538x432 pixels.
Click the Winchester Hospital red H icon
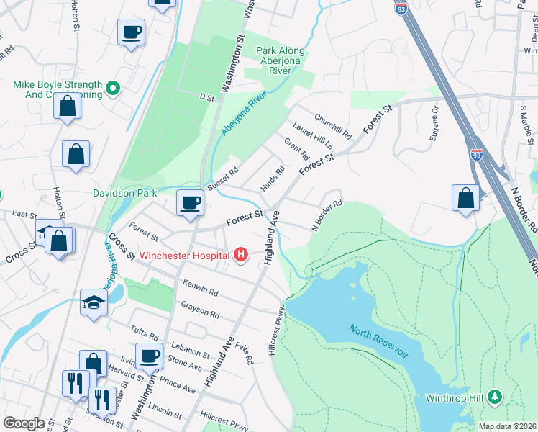pos(241,255)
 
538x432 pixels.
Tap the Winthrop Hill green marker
pos(494,397)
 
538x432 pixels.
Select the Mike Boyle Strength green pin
pos(111,89)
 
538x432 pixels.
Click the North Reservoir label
pos(378,342)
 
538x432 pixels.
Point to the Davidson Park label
pos(124,193)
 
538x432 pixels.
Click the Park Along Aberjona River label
pos(281,60)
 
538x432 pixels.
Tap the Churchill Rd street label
pos(332,125)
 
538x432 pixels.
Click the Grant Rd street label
pos(296,150)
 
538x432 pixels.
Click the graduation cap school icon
pos(94,302)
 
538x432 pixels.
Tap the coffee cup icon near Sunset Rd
pos(190,204)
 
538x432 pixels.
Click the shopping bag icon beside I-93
pos(465,197)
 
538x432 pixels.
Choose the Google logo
pos(24,423)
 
